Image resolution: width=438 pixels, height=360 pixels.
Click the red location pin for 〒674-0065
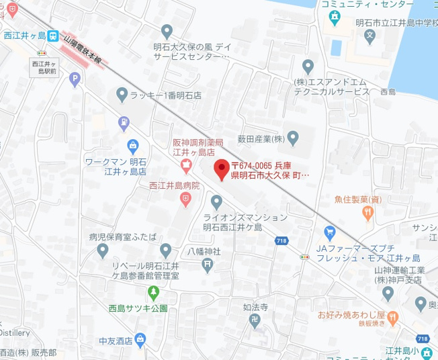coord(220,170)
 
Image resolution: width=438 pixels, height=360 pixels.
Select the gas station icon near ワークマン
coord(124,122)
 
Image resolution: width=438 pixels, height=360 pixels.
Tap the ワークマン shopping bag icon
coord(132,146)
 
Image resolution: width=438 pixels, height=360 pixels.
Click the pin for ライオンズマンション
coord(216,201)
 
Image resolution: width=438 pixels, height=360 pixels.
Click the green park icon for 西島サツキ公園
coord(153,293)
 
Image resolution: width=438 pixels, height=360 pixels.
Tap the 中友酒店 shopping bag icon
coord(139,339)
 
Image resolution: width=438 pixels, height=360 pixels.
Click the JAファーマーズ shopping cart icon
coord(329,233)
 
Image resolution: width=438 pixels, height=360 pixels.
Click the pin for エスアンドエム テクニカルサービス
coord(308,66)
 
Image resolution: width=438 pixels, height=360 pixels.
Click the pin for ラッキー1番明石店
coord(122,94)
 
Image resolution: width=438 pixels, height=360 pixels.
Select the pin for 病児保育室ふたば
coord(102,252)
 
